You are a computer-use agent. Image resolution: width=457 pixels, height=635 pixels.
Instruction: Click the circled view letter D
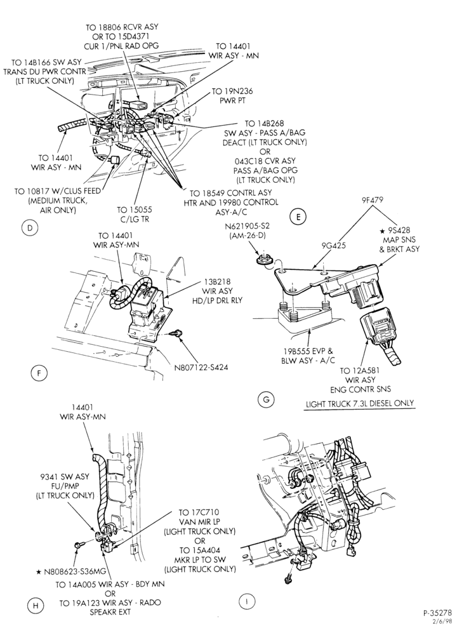[30, 228]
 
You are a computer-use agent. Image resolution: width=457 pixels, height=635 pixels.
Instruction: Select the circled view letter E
[298, 217]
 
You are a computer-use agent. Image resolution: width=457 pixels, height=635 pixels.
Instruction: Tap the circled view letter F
[39, 373]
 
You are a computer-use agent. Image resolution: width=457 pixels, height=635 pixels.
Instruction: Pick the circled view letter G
[266, 399]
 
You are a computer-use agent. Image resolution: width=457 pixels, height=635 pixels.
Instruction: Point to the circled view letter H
[36, 606]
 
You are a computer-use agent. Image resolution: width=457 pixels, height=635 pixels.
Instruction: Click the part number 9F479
[372, 199]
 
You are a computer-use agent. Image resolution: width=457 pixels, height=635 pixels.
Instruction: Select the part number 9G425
[334, 245]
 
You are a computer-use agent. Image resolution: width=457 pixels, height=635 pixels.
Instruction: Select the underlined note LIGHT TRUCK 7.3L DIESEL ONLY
[360, 403]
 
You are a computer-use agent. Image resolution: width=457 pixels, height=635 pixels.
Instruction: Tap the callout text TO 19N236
[233, 91]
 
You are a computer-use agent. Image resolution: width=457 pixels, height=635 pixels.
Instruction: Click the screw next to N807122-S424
[176, 333]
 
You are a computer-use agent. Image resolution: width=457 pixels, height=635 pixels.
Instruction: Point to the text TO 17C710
[199, 512]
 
